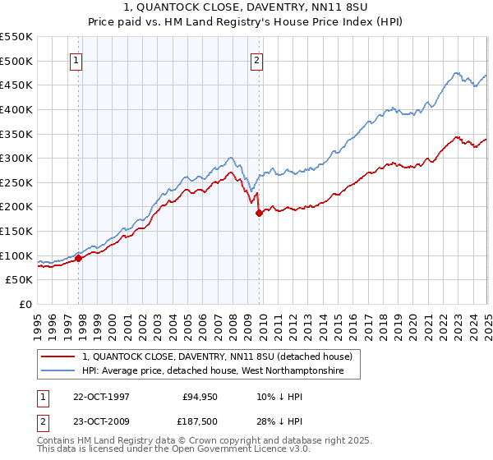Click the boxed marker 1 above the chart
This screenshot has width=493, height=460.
tap(76, 60)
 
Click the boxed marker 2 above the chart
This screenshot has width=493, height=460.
tap(257, 60)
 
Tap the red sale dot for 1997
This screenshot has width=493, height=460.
tap(79, 258)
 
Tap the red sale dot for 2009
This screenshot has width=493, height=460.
tap(259, 213)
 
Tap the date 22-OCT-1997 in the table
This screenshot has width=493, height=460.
tap(103, 395)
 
